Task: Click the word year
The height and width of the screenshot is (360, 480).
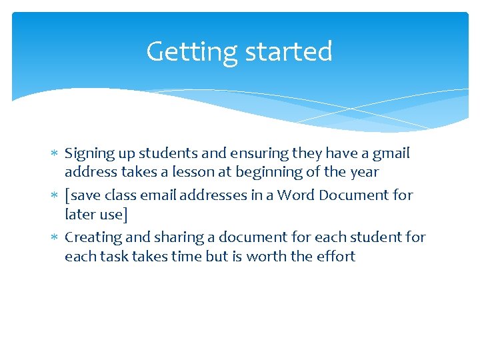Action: (363, 172)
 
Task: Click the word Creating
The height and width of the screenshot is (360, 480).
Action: (91, 237)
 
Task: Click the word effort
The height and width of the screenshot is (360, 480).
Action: (333, 256)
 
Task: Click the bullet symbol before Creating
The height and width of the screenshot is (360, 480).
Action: (55, 238)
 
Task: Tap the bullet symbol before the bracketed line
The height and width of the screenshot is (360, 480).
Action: (55, 196)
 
